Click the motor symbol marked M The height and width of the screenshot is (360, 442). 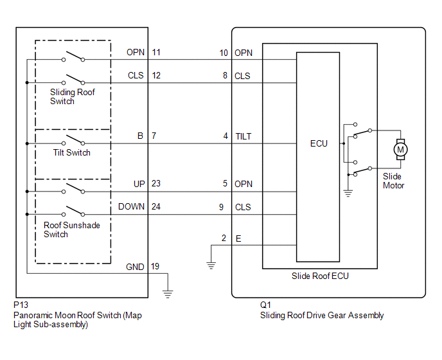click(401, 150)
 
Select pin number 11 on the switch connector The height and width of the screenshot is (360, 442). click(156, 53)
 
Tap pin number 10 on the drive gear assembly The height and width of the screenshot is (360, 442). click(224, 53)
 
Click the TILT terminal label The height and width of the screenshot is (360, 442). click(244, 136)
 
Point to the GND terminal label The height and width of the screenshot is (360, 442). click(135, 266)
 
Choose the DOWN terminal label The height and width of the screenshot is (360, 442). click(131, 207)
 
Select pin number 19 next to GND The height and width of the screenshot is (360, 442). click(156, 266)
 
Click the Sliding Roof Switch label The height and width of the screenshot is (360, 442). click(73, 96)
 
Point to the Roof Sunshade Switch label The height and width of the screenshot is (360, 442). click(71, 230)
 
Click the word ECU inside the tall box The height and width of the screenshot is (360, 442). click(318, 143)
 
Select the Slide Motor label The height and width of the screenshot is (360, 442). click(393, 181)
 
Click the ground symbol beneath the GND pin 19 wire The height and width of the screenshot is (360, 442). click(168, 294)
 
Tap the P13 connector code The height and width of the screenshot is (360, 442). click(21, 305)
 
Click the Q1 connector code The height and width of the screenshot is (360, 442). click(265, 305)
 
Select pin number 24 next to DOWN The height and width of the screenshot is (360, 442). click(156, 207)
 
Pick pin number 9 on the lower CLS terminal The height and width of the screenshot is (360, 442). click(221, 207)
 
